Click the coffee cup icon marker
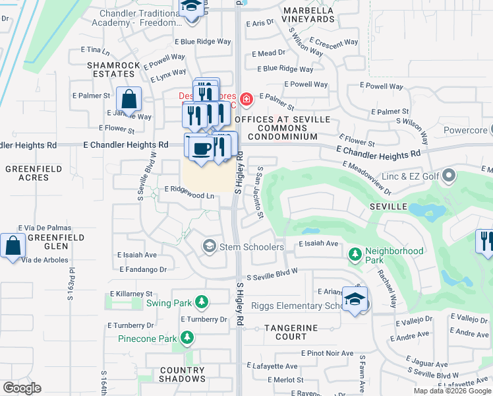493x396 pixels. pyautogui.click(x=202, y=148)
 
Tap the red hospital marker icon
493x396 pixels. pyautogui.click(x=246, y=100)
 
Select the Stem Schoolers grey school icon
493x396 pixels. pyautogui.click(x=210, y=246)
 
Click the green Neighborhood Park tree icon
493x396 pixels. pyautogui.click(x=355, y=253)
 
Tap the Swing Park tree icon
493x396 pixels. pyautogui.click(x=201, y=303)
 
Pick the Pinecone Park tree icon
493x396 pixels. pyautogui.click(x=187, y=338)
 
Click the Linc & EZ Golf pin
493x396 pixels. pyautogui.click(x=449, y=176)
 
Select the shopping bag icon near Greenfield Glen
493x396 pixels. pyautogui.click(x=13, y=246)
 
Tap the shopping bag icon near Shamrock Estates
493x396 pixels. pyautogui.click(x=129, y=100)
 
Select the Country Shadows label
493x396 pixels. pyautogui.click(x=182, y=374)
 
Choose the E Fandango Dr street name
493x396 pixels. pyautogui.click(x=143, y=269)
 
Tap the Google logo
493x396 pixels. pyautogui.click(x=22, y=388)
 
